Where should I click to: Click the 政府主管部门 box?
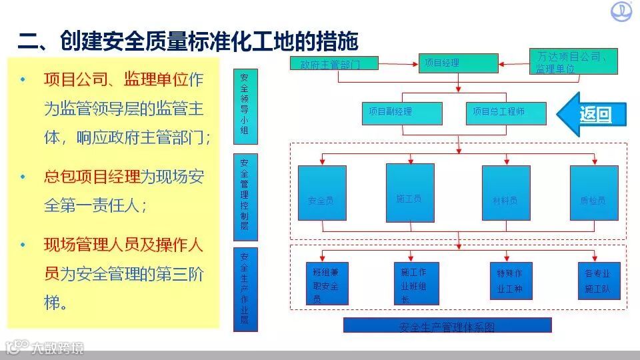tap(335, 64)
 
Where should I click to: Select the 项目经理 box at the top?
tap(457, 63)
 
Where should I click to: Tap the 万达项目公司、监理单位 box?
tap(573, 61)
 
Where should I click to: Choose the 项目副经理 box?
tap(402, 113)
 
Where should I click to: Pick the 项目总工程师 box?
tap(506, 113)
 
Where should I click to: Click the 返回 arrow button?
tap(593, 114)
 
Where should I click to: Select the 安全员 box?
tap(322, 193)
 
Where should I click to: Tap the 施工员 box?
tap(410, 193)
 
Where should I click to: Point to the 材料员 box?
tap(506, 193)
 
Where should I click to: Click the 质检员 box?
tap(594, 193)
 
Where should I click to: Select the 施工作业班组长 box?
tap(413, 283)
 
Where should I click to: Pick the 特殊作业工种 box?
tap(509, 283)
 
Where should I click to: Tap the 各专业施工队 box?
tap(597, 281)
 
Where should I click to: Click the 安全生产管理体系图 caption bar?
tap(447, 325)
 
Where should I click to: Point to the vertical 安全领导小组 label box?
tap(244, 105)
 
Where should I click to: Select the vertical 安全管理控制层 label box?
tap(244, 197)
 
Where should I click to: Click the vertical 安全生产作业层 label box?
tap(244, 289)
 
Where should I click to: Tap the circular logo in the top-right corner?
tap(622, 12)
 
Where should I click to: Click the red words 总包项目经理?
tap(93, 177)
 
